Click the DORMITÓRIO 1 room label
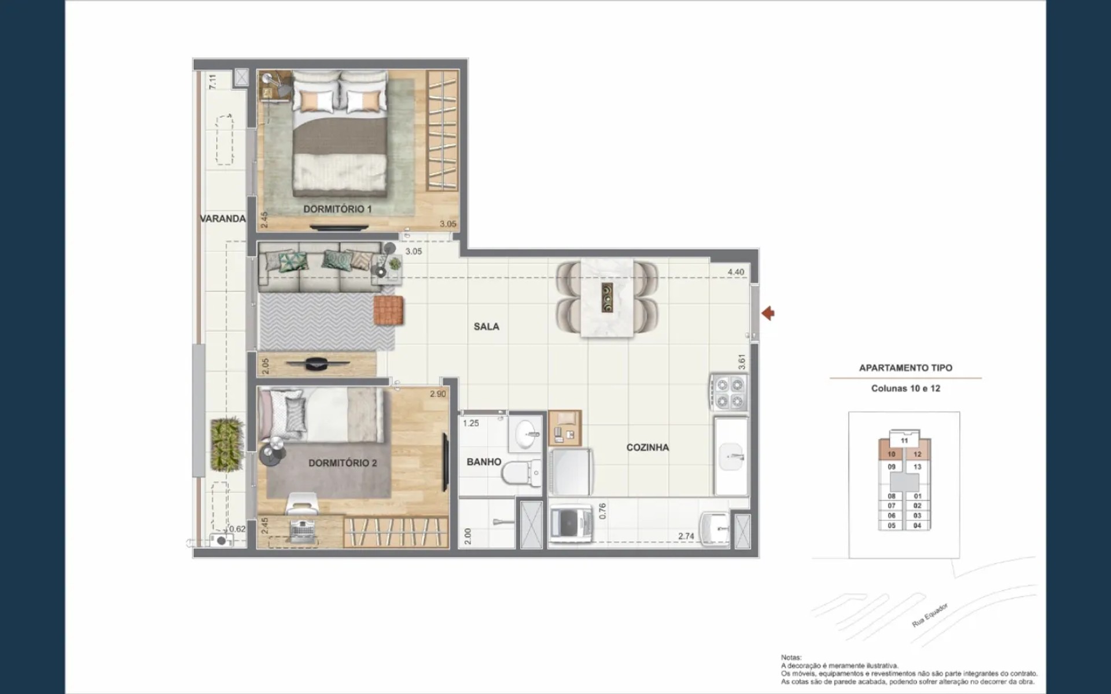pos(337,209)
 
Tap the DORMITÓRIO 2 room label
pos(343,463)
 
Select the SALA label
pos(486,327)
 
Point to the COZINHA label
pos(648,448)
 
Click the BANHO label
pos(484,462)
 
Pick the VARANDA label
pos(223,219)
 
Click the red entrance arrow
pos(768,313)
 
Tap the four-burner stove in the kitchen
pos(729,393)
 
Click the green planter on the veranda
pos(226,444)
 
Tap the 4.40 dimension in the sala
pos(736,272)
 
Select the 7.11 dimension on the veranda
pos(213,81)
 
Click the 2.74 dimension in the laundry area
pos(686,537)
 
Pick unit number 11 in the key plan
pos(904,441)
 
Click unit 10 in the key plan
pos(892,455)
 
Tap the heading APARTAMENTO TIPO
pos(906,368)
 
